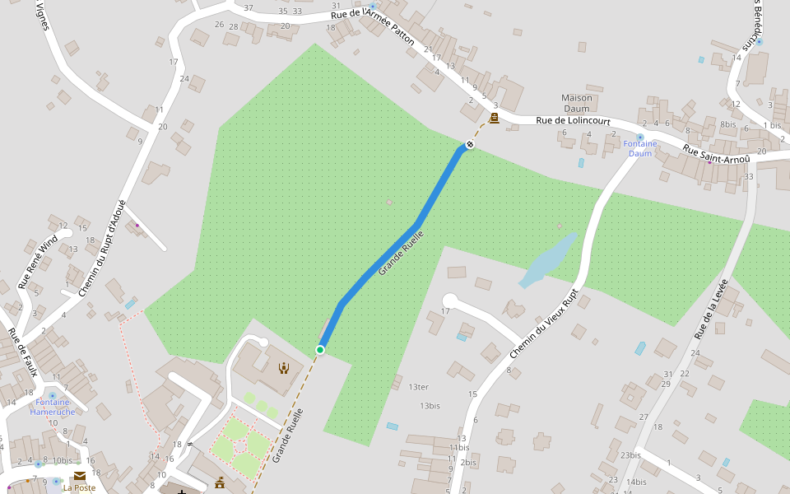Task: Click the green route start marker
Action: (x=320, y=350)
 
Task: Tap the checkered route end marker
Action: (x=469, y=145)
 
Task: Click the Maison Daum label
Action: (x=576, y=103)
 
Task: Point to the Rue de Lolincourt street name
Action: (x=574, y=121)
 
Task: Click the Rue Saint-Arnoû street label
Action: (x=717, y=153)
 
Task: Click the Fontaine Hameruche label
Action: (x=52, y=407)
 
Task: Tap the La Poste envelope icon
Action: (x=80, y=476)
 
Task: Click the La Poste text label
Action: (x=79, y=487)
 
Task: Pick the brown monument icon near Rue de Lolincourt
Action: (x=494, y=119)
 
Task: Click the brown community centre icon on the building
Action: (x=284, y=368)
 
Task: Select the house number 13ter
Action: (x=418, y=387)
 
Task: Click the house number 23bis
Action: (x=630, y=455)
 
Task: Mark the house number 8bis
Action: (x=727, y=124)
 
